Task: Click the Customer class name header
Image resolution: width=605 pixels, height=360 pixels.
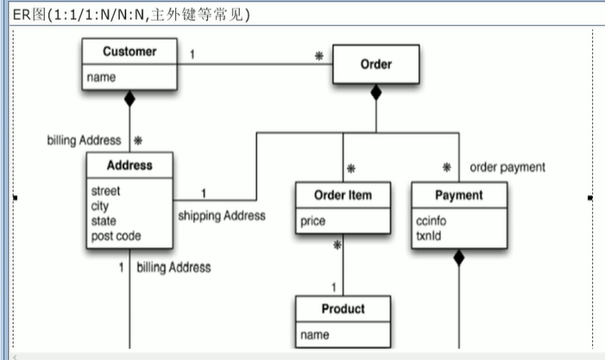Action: click(x=129, y=52)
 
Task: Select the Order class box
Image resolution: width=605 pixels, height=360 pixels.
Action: click(x=375, y=65)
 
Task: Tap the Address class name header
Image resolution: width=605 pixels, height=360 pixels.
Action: click(x=129, y=165)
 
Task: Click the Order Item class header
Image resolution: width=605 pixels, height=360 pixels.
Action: click(x=343, y=195)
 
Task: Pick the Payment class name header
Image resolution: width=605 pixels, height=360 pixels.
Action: click(x=458, y=195)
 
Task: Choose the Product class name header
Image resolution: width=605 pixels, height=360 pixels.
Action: click(x=343, y=309)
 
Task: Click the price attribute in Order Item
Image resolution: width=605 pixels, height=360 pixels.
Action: click(x=312, y=222)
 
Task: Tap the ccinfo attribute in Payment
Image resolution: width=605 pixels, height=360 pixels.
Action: click(x=431, y=221)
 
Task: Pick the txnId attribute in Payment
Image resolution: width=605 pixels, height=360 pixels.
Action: click(x=428, y=235)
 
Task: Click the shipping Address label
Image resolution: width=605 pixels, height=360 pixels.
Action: click(x=221, y=216)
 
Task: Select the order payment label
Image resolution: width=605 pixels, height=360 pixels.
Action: click(x=507, y=167)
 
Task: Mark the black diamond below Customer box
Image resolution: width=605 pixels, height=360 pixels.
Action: click(x=129, y=100)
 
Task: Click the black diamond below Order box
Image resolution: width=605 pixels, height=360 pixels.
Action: click(x=375, y=92)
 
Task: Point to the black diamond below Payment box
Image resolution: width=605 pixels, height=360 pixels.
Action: click(x=458, y=257)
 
